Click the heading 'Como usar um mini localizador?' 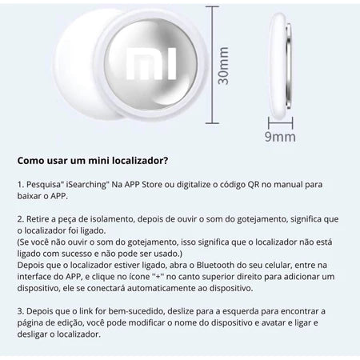92,161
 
